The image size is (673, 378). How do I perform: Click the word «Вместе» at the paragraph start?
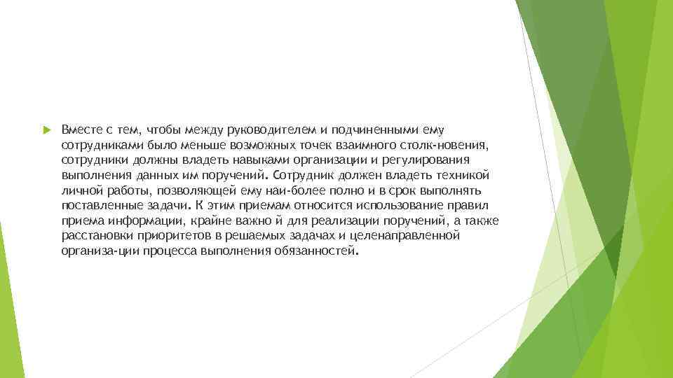(81, 129)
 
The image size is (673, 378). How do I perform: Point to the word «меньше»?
(197, 145)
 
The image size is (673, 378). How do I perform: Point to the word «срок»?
(374, 190)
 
